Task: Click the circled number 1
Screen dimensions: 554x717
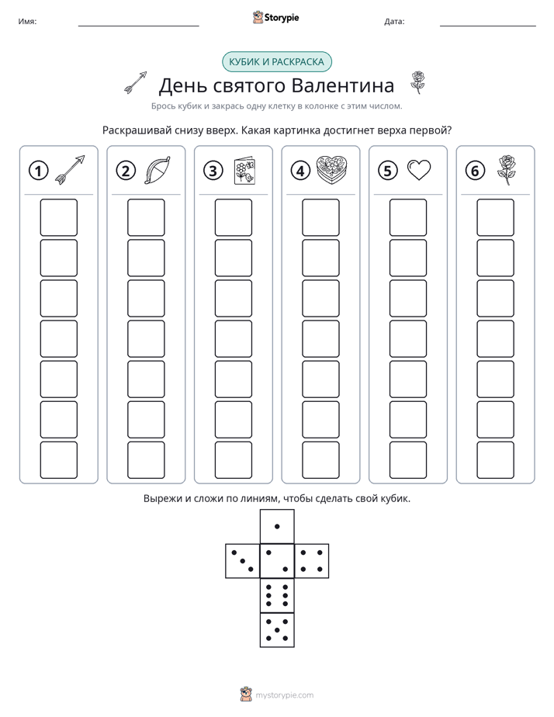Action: coord(38,171)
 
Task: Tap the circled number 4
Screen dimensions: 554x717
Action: coord(300,171)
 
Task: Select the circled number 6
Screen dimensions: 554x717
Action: coord(475,171)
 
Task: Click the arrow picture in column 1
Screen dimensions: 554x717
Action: coord(70,170)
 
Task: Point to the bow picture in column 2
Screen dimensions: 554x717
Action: coord(158,170)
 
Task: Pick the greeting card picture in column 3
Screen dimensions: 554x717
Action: coord(244,171)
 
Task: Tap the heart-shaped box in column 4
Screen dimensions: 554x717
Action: coord(332,170)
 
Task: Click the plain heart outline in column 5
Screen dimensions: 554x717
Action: coord(419,170)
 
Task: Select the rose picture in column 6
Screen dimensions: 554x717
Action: coord(506,170)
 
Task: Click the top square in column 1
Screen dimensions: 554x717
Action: coord(58,217)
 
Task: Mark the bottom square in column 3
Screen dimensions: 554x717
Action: coord(233,460)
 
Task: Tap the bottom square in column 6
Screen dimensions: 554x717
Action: coord(496,460)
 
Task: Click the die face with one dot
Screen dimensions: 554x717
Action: coord(277,526)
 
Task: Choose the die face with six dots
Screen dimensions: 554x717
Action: coord(277,595)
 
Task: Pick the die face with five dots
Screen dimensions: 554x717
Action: coord(277,630)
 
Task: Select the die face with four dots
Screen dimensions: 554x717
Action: coord(312,561)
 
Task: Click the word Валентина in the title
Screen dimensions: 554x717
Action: coord(343,85)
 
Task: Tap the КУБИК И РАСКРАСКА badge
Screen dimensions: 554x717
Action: coord(276,62)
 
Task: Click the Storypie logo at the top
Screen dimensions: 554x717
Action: coord(275,17)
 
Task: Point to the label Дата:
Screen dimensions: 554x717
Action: coord(394,22)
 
